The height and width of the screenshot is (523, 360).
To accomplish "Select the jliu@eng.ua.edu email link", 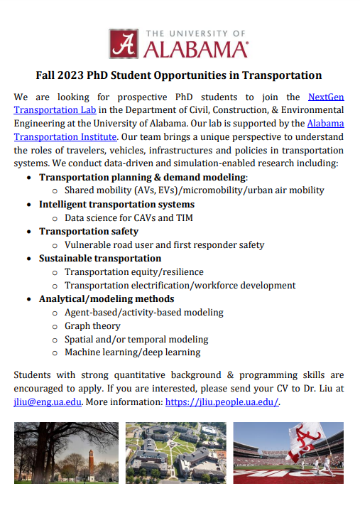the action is pos(48,401).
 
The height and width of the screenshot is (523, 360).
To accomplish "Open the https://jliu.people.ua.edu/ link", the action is pos(222,401).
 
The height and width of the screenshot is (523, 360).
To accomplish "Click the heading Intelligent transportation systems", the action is pos(116,205).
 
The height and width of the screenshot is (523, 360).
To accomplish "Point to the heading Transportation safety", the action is pos(89,232).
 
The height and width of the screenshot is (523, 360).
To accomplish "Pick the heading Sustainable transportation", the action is pos(100,259).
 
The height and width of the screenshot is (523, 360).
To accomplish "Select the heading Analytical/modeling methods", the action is pos(107,299).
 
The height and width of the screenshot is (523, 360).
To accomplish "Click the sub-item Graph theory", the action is pos(92,326).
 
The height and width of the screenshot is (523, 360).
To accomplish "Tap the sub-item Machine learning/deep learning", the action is pos(132,352).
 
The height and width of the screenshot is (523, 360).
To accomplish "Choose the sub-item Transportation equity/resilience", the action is pos(133,272).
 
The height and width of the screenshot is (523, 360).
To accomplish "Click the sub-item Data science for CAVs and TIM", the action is pos(129,218).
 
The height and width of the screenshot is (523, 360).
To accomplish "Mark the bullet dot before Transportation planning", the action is pos(28,178).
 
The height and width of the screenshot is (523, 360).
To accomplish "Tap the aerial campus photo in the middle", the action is pos(175,453).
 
